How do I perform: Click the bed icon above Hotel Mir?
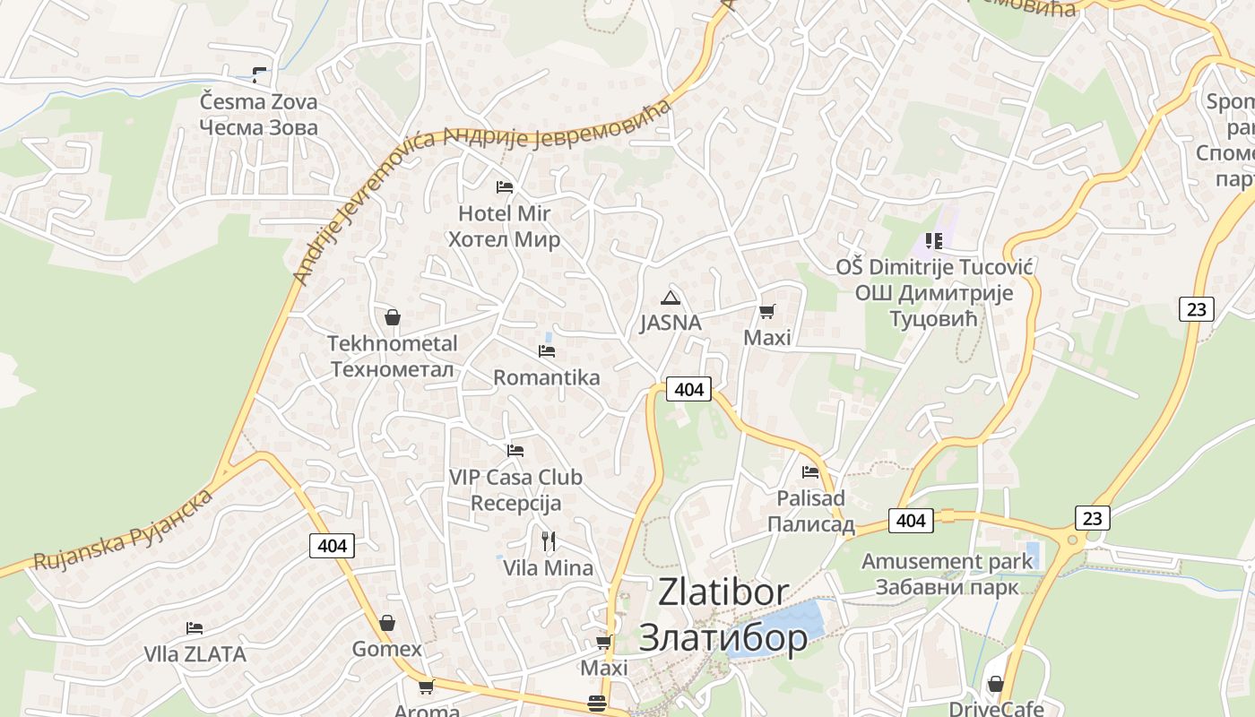505,186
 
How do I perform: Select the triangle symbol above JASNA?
670,298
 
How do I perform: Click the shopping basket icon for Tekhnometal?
392,317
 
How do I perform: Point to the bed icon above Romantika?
547,350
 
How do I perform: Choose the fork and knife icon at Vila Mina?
549,540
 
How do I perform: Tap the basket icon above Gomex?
387,623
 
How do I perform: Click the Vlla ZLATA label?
195,654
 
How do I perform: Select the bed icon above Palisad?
810,471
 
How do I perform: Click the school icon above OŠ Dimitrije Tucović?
934,240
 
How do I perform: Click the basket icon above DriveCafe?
995,685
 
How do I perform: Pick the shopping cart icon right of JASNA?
766,312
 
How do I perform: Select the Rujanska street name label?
122,531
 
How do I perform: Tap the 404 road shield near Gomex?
332,545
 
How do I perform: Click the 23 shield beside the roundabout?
1092,517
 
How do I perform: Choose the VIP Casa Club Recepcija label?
515,490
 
